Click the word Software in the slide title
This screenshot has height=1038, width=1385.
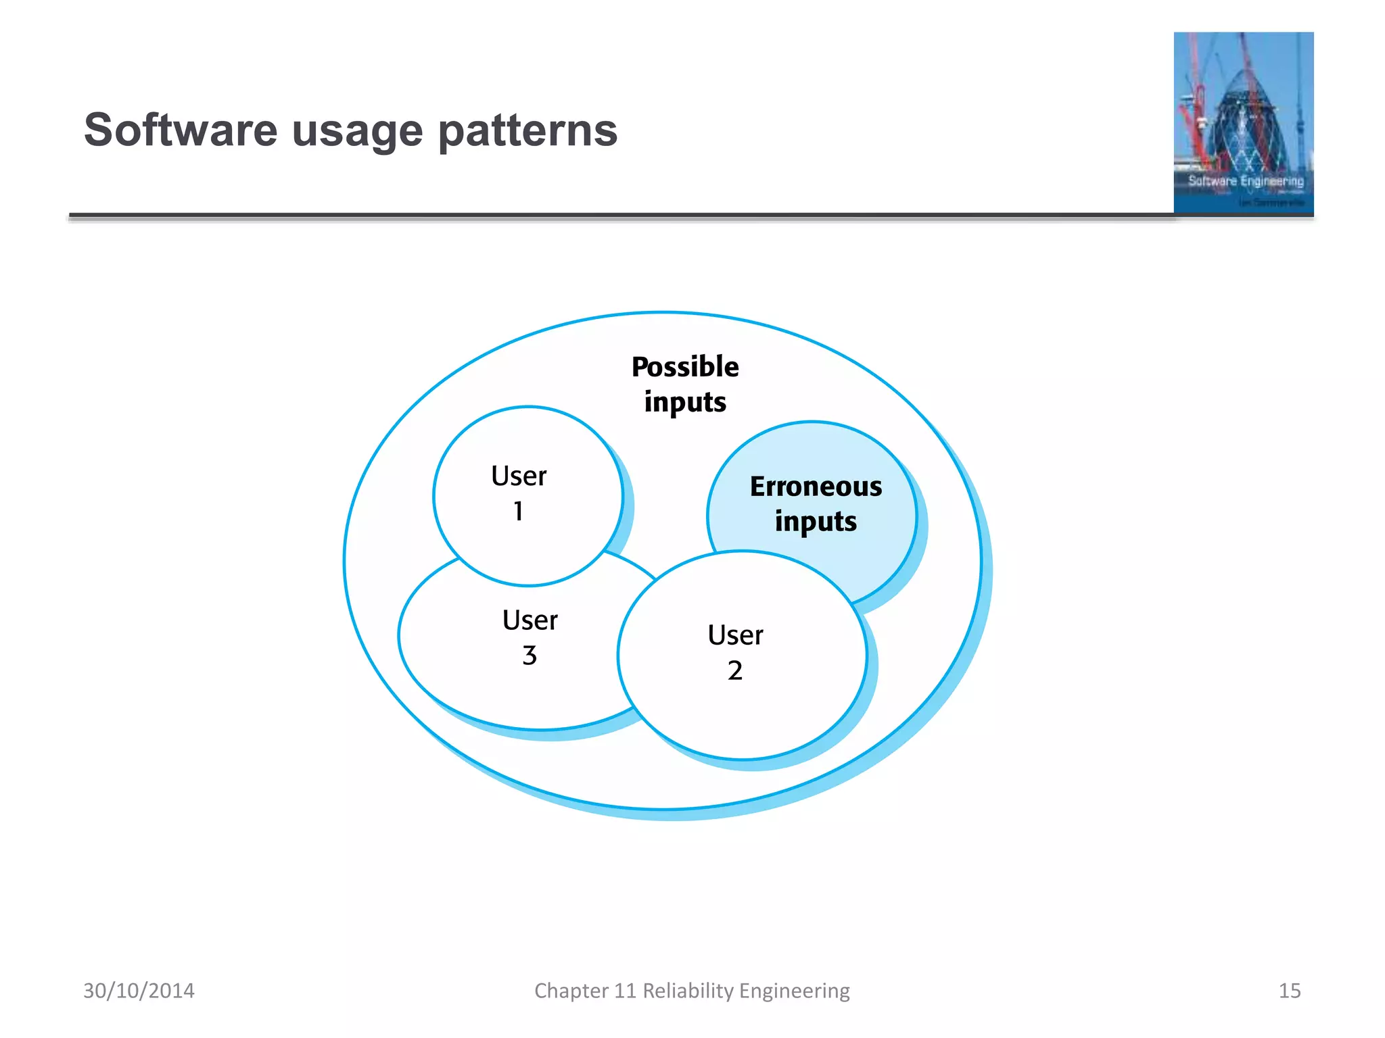tap(181, 130)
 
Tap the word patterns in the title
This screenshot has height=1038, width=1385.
tap(527, 131)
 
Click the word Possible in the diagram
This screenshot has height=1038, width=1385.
tap(684, 367)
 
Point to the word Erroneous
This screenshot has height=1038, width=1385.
tap(816, 487)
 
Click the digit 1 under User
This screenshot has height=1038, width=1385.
tap(518, 512)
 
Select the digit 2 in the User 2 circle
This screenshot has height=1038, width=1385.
tap(734, 671)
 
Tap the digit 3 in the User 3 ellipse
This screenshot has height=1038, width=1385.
tap(530, 656)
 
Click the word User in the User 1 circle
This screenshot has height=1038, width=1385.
tap(519, 476)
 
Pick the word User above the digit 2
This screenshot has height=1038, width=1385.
tap(735, 635)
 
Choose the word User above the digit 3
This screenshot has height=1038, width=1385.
tap(530, 620)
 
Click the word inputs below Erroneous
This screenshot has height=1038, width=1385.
tap(816, 522)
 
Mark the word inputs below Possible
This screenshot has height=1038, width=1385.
tap(684, 403)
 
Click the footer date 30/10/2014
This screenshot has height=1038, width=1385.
tap(139, 991)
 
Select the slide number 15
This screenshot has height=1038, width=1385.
tap(1289, 991)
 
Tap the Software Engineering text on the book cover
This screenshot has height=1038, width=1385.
tap(1245, 181)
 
